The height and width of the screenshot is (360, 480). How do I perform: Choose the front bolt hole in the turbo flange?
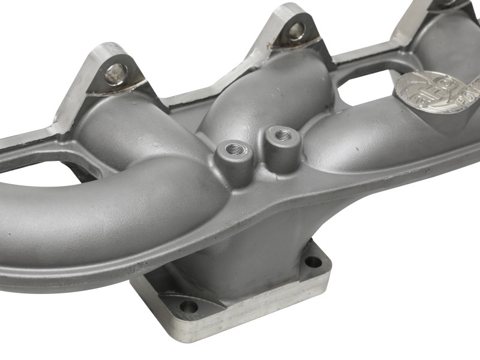(188, 306)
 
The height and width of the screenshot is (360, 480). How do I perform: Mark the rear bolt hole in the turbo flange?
(313, 261)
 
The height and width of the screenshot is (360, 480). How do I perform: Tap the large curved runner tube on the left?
(90, 210)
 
